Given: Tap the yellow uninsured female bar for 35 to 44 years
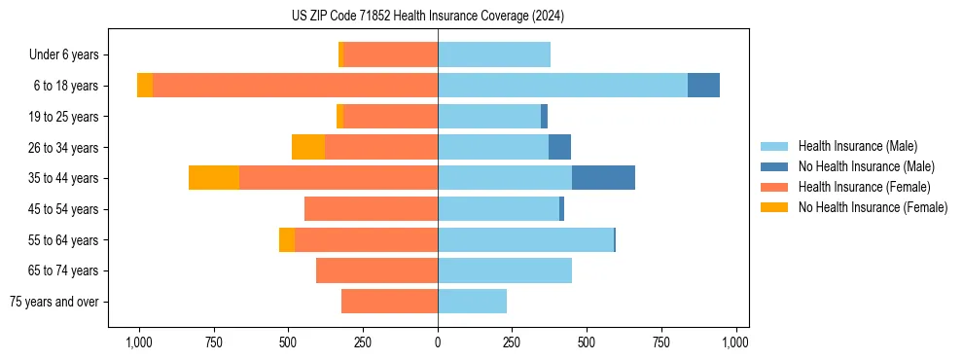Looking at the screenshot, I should coord(214,178).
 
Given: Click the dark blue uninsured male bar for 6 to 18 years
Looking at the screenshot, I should coord(703,86).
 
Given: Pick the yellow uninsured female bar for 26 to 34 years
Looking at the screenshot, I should coord(308,147).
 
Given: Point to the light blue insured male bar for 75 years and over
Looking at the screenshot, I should coord(472,302).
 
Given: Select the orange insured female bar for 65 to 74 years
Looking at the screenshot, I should coord(376,270).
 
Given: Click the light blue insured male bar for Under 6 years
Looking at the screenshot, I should coord(494,54).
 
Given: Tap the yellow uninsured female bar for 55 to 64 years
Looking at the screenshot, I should coord(287,239).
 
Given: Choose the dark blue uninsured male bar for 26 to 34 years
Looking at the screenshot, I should coord(559,147).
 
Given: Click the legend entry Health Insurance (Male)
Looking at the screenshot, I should coord(857,146).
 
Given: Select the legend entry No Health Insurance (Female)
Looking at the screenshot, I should coord(873,207).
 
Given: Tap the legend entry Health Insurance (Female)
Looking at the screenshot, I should coord(864,187).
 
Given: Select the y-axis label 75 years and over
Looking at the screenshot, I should coord(56,302).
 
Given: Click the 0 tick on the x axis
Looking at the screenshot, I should coord(438,342).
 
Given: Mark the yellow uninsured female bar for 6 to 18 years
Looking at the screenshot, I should coord(145,86).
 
